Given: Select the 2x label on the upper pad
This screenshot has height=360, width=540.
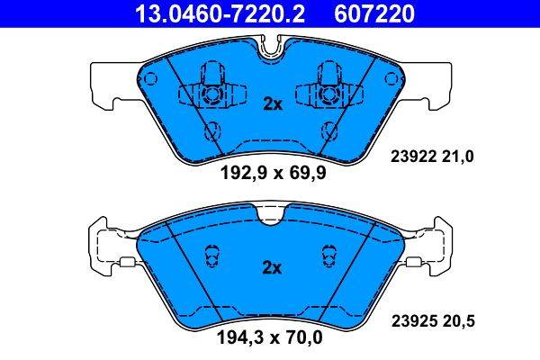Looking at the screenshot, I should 272,103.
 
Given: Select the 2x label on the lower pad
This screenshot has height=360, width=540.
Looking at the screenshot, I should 272,267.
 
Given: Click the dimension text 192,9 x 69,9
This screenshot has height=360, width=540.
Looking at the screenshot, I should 271,175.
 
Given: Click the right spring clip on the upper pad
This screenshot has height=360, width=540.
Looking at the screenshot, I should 330,86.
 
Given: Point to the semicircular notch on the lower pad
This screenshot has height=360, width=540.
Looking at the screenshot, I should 270,214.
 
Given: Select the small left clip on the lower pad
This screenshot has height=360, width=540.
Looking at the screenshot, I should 211,257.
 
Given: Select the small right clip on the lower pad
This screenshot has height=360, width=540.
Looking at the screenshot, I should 329,257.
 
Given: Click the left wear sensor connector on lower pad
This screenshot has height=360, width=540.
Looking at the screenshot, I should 127,264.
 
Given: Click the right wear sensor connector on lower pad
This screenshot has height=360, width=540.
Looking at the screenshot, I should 414,264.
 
